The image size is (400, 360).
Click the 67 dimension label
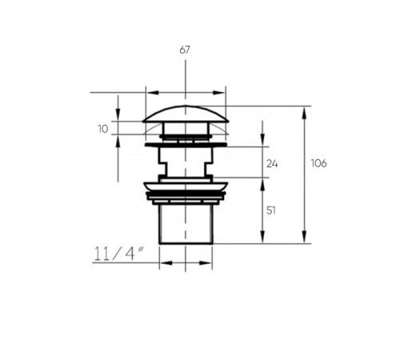click(185, 50)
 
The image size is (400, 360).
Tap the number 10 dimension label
click(103, 129)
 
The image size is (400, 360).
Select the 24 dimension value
click(272, 164)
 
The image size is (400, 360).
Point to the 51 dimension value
click(271, 210)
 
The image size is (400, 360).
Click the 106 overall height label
click(318, 163)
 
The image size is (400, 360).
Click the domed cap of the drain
click(186, 114)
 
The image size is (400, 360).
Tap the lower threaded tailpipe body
click(186, 224)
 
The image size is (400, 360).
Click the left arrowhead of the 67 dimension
click(153, 93)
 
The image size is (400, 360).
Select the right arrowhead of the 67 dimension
click(218, 93)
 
